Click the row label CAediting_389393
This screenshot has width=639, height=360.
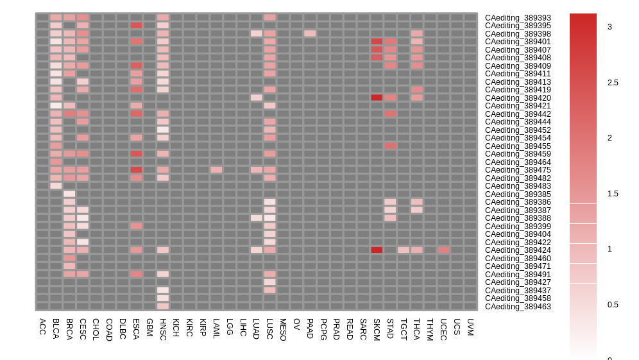tap(518, 18)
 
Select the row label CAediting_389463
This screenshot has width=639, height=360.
tap(518, 307)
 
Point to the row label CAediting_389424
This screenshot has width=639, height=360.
tap(518, 250)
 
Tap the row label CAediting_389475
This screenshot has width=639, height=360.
tap(518, 170)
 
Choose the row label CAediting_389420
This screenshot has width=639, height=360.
tap(518, 98)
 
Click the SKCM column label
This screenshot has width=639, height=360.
tap(377, 329)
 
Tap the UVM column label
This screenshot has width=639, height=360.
tap(470, 327)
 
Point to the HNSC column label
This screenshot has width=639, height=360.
tap(163, 329)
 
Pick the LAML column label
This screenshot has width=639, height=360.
tap(216, 329)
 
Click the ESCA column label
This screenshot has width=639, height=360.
tap(136, 328)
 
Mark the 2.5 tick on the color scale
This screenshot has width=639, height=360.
tap(613, 82)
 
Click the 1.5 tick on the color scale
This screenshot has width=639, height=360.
tap(613, 193)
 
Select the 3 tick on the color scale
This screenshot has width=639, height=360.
tap(609, 26)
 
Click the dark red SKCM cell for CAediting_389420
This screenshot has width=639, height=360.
tap(377, 98)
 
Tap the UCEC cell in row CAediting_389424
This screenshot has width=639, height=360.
tap(443, 250)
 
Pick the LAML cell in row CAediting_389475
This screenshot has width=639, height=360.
tap(216, 170)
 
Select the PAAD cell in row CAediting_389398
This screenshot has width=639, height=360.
tap(310, 33)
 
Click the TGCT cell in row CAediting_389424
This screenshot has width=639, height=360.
tap(404, 250)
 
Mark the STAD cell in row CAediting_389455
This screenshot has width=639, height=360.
tap(390, 146)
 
